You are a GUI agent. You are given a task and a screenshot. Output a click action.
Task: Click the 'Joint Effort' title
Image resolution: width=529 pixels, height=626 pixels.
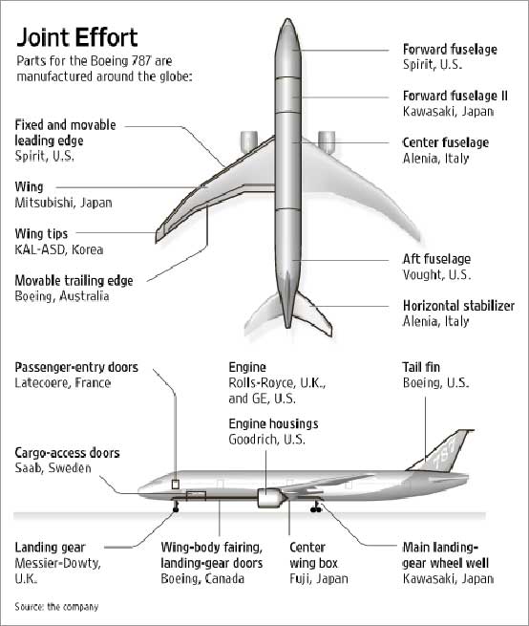click(x=76, y=37)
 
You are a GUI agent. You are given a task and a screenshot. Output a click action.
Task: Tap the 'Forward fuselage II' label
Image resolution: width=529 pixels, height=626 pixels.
click(x=455, y=96)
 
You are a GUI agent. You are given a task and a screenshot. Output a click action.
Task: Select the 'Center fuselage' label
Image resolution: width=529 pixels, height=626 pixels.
click(x=446, y=142)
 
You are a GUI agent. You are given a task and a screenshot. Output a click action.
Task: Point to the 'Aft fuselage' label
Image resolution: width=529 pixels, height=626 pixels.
click(x=436, y=259)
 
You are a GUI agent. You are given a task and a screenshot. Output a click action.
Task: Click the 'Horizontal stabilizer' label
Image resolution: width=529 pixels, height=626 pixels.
click(x=458, y=306)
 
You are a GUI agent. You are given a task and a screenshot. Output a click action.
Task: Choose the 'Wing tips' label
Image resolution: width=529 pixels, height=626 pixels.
click(x=41, y=234)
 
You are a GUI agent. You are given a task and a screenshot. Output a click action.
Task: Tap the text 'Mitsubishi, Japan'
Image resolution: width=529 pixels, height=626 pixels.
click(x=63, y=203)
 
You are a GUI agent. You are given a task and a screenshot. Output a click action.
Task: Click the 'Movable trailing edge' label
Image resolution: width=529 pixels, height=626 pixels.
click(x=74, y=281)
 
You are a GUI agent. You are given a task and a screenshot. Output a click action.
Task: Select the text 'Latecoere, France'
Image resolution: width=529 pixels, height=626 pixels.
click(x=63, y=383)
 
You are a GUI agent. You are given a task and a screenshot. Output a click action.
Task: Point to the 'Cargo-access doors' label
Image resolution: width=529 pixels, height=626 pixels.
click(x=67, y=453)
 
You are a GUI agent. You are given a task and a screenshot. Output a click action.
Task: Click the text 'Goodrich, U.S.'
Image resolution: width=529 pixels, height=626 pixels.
click(x=267, y=440)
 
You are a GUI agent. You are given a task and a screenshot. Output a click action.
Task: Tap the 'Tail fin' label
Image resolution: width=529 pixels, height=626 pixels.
click(x=421, y=367)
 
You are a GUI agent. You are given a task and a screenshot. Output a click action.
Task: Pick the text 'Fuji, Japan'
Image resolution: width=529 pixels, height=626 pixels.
click(x=319, y=578)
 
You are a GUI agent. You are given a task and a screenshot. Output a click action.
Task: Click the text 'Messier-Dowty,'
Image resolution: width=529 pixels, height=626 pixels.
click(x=57, y=563)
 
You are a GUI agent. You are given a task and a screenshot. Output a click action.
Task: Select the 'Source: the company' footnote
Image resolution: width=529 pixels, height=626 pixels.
click(x=56, y=607)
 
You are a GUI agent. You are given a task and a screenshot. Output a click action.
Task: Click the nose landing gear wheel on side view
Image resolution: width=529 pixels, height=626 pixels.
click(x=176, y=509)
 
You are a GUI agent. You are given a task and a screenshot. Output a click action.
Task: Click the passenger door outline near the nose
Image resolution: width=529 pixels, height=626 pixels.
click(x=175, y=485)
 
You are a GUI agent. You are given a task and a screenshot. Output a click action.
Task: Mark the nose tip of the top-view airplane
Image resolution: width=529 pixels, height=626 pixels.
click(x=287, y=19)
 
